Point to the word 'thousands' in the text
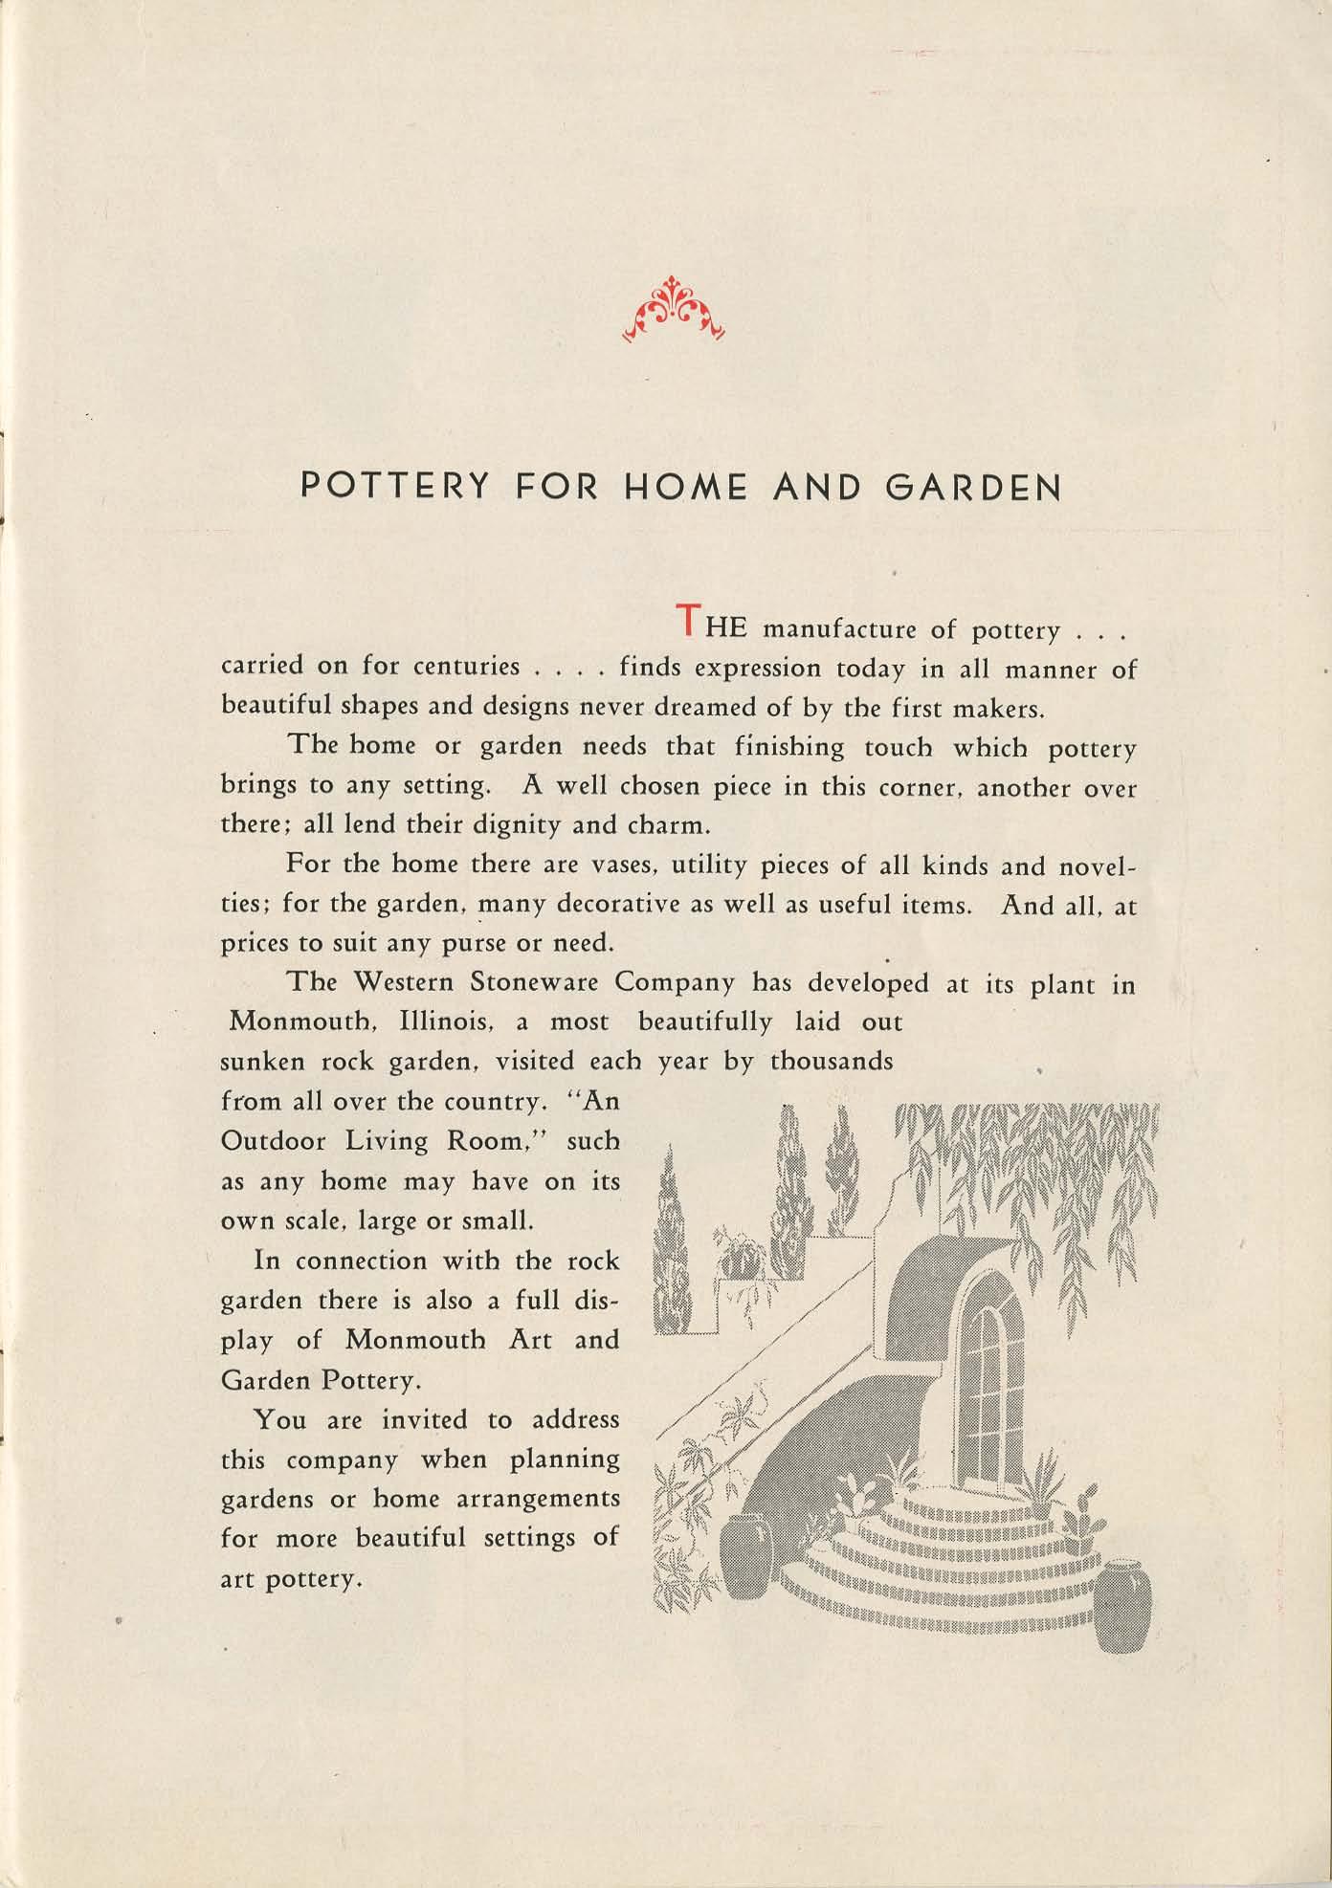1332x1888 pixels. coord(832,1061)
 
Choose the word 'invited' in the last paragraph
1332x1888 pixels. coord(425,1419)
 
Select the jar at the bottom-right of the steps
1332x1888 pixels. coord(1124,1608)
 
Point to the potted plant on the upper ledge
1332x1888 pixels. coord(739,1249)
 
